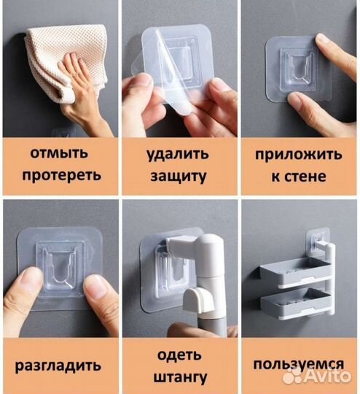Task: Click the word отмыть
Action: coord(60,154)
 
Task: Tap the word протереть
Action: coord(60,176)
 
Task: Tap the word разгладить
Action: coord(60,365)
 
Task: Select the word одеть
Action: coord(180,355)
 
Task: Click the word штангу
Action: coord(180,376)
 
